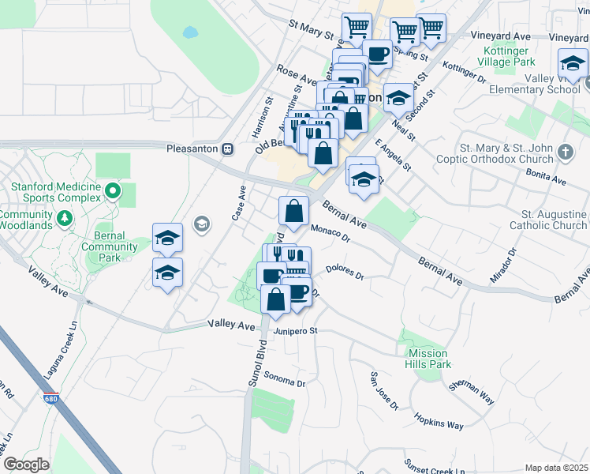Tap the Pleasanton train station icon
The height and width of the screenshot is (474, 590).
(227, 148)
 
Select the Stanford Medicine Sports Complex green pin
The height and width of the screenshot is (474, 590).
(113, 190)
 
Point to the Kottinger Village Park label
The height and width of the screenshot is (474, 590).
(508, 56)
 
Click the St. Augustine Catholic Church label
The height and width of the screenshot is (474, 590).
(554, 220)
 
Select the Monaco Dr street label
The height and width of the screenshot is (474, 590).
(330, 232)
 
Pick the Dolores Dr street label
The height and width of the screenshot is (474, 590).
(344, 273)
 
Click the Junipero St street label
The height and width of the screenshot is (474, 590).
(295, 331)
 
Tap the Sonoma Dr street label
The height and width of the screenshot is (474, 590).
(284, 378)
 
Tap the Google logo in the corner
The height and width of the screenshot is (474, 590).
(26, 465)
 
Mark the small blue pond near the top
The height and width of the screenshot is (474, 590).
(190, 33)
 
